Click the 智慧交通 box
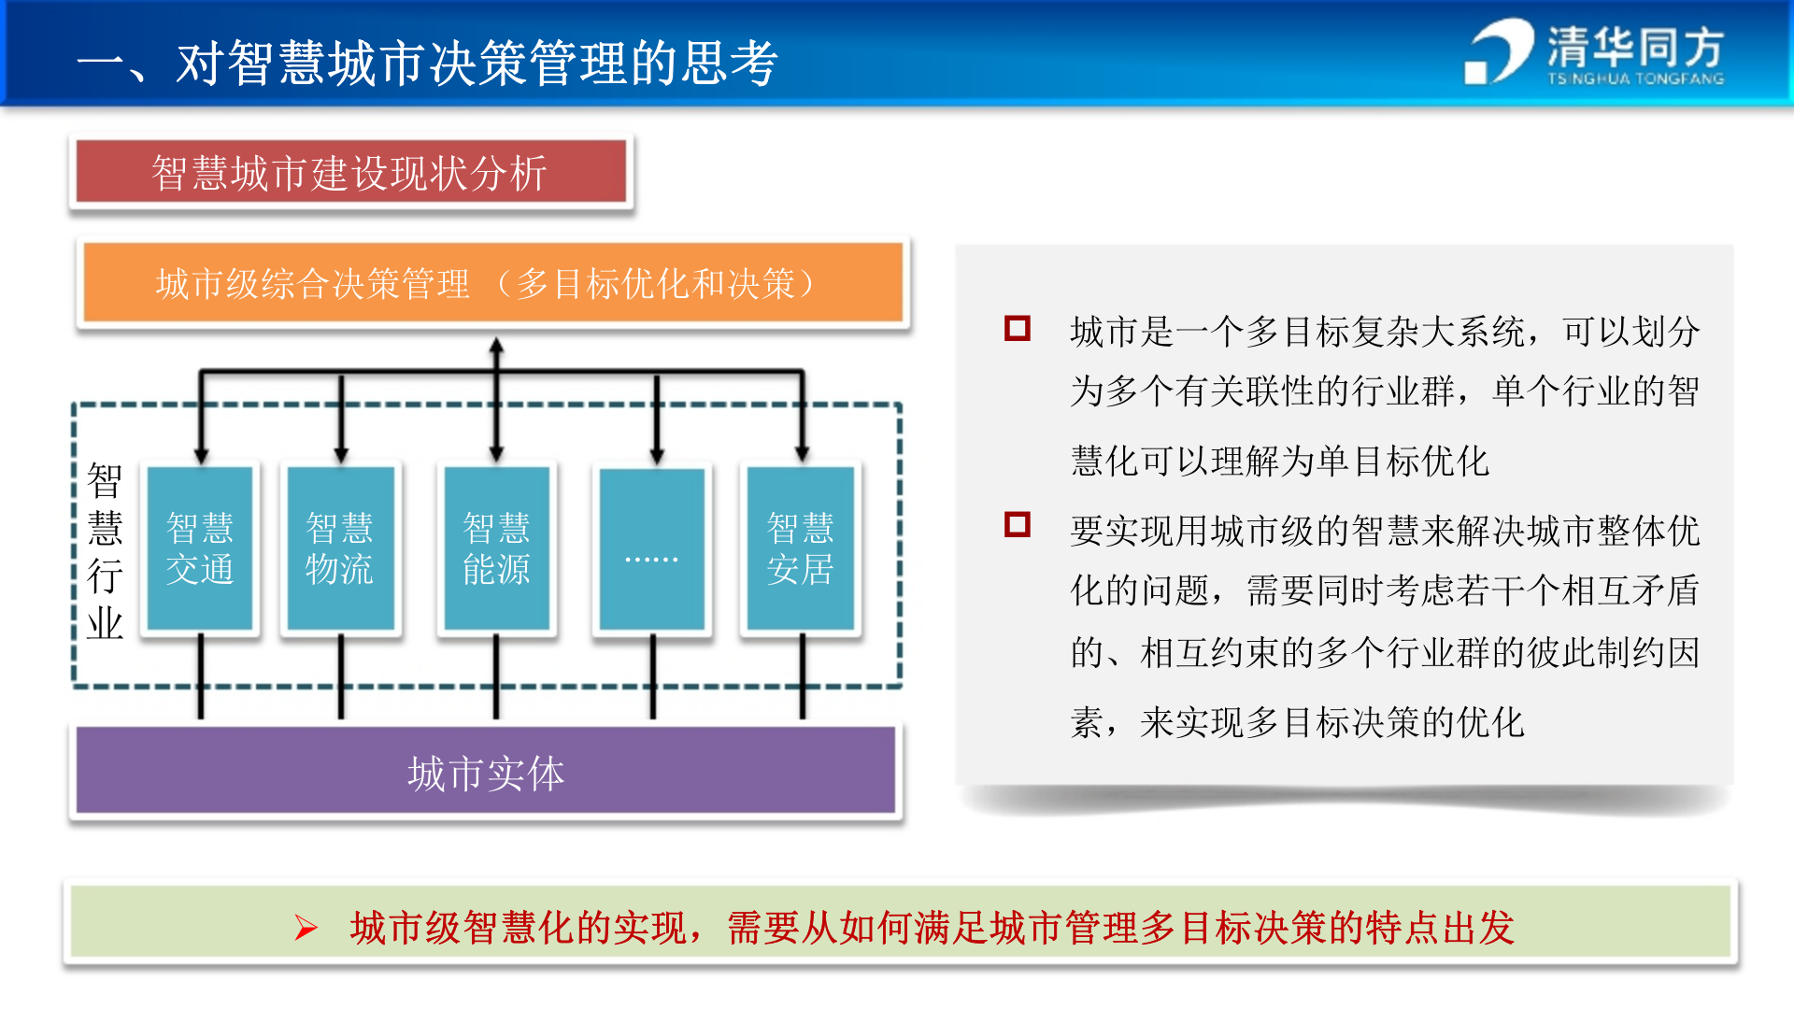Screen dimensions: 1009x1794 199,548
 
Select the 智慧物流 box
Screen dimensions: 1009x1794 340,548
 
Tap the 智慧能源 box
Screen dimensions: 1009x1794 496,548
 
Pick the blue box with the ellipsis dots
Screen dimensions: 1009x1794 651,548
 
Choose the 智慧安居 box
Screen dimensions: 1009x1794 800,548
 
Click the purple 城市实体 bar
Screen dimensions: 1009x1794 486,772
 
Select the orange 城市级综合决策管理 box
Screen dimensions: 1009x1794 492,283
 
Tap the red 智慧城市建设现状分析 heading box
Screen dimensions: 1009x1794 350,172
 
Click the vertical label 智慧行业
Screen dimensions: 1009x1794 105,551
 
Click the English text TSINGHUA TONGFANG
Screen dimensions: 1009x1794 1635,79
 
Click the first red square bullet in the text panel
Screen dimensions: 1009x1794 1017,329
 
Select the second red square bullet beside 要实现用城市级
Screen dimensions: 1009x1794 1017,525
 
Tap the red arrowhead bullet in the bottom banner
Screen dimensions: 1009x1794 306,928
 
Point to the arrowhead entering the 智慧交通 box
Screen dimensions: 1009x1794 201,454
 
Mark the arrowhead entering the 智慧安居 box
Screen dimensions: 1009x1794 802,452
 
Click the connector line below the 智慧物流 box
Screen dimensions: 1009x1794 341,677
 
